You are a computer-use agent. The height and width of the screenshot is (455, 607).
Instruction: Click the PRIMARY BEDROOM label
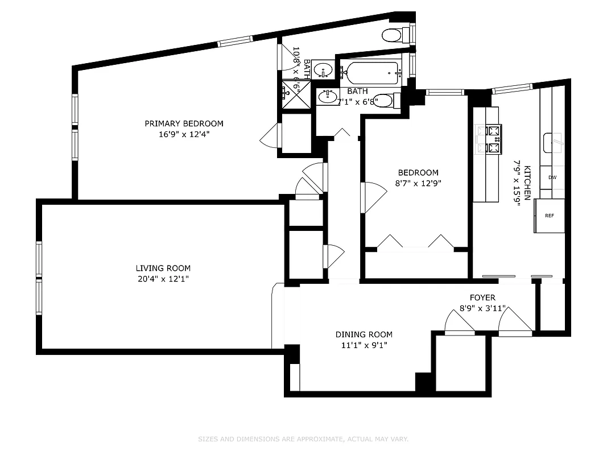[x=184, y=123]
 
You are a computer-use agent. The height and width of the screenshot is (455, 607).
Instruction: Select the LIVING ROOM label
[x=163, y=268]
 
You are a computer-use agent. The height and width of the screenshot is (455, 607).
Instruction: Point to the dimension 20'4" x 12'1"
[x=163, y=279]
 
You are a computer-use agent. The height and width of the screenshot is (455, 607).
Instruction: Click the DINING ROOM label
[x=364, y=334]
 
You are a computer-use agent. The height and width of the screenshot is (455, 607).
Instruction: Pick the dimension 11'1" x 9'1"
[x=364, y=345]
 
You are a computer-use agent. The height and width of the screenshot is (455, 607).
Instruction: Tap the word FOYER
[x=482, y=297]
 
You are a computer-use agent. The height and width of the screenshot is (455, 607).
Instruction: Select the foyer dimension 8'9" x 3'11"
[x=482, y=309]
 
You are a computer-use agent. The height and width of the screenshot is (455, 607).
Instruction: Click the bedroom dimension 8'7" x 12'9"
[x=418, y=183]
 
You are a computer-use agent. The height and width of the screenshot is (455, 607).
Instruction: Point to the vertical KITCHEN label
[x=527, y=183]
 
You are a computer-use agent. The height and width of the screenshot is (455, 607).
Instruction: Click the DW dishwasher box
[x=552, y=177]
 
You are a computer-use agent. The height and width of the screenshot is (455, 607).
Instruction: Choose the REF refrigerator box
[x=549, y=216]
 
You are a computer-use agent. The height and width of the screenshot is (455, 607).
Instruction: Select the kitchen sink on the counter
[x=554, y=142]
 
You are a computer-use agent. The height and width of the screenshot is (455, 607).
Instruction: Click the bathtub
[x=372, y=73]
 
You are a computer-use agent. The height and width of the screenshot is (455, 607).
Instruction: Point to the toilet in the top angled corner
[x=394, y=35]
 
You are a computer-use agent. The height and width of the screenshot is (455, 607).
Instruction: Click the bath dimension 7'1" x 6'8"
[x=357, y=102]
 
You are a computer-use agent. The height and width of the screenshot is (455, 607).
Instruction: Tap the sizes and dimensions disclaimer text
[x=303, y=439]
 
